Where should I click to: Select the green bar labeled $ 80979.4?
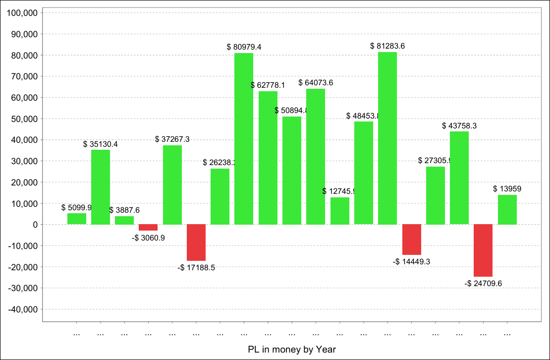tap(244, 138)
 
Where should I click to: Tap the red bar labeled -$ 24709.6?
tap(483, 250)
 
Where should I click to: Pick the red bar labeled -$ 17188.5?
tap(196, 242)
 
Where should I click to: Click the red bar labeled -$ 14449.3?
tap(412, 240)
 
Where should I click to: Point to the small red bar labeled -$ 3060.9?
tap(148, 228)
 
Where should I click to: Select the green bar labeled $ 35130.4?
tap(101, 187)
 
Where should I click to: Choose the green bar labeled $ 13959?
tap(507, 210)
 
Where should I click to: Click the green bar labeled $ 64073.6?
tap(316, 156)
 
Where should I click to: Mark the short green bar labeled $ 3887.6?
tap(124, 220)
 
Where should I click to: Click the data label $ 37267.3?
tap(172, 139)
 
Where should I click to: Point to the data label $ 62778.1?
tap(268, 85)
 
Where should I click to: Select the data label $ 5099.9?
tap(77, 207)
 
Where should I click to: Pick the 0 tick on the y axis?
tap(35, 225)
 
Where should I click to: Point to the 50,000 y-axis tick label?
tap(23, 119)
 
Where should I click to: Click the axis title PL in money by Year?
tap(292, 350)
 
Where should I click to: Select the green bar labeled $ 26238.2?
tap(220, 196)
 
